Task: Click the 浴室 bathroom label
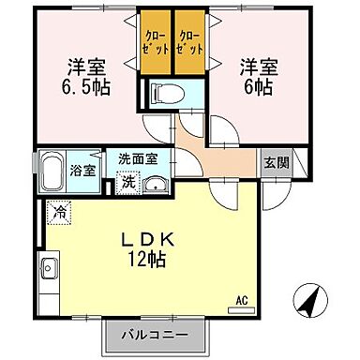[82, 170]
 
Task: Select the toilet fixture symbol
[167, 94]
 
